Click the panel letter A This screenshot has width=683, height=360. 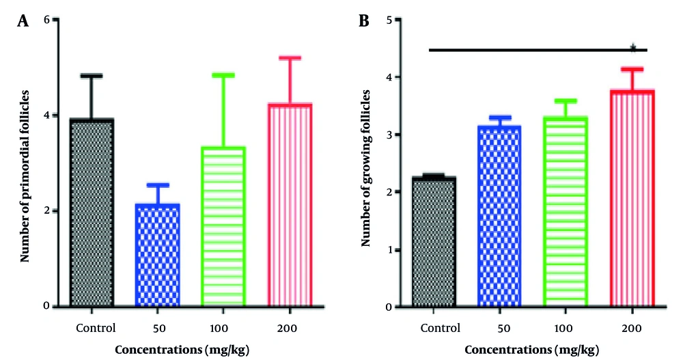point(23,20)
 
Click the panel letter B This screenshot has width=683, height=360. point(364,20)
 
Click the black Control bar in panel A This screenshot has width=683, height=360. point(92,212)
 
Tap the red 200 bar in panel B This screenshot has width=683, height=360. point(632,198)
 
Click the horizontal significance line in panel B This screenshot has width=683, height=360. point(533,50)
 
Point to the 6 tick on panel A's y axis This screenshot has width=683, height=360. point(46,20)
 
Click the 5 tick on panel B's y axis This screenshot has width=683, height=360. point(387,20)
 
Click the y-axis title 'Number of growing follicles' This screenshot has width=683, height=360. point(366,164)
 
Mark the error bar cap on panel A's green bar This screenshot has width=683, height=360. point(223,75)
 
